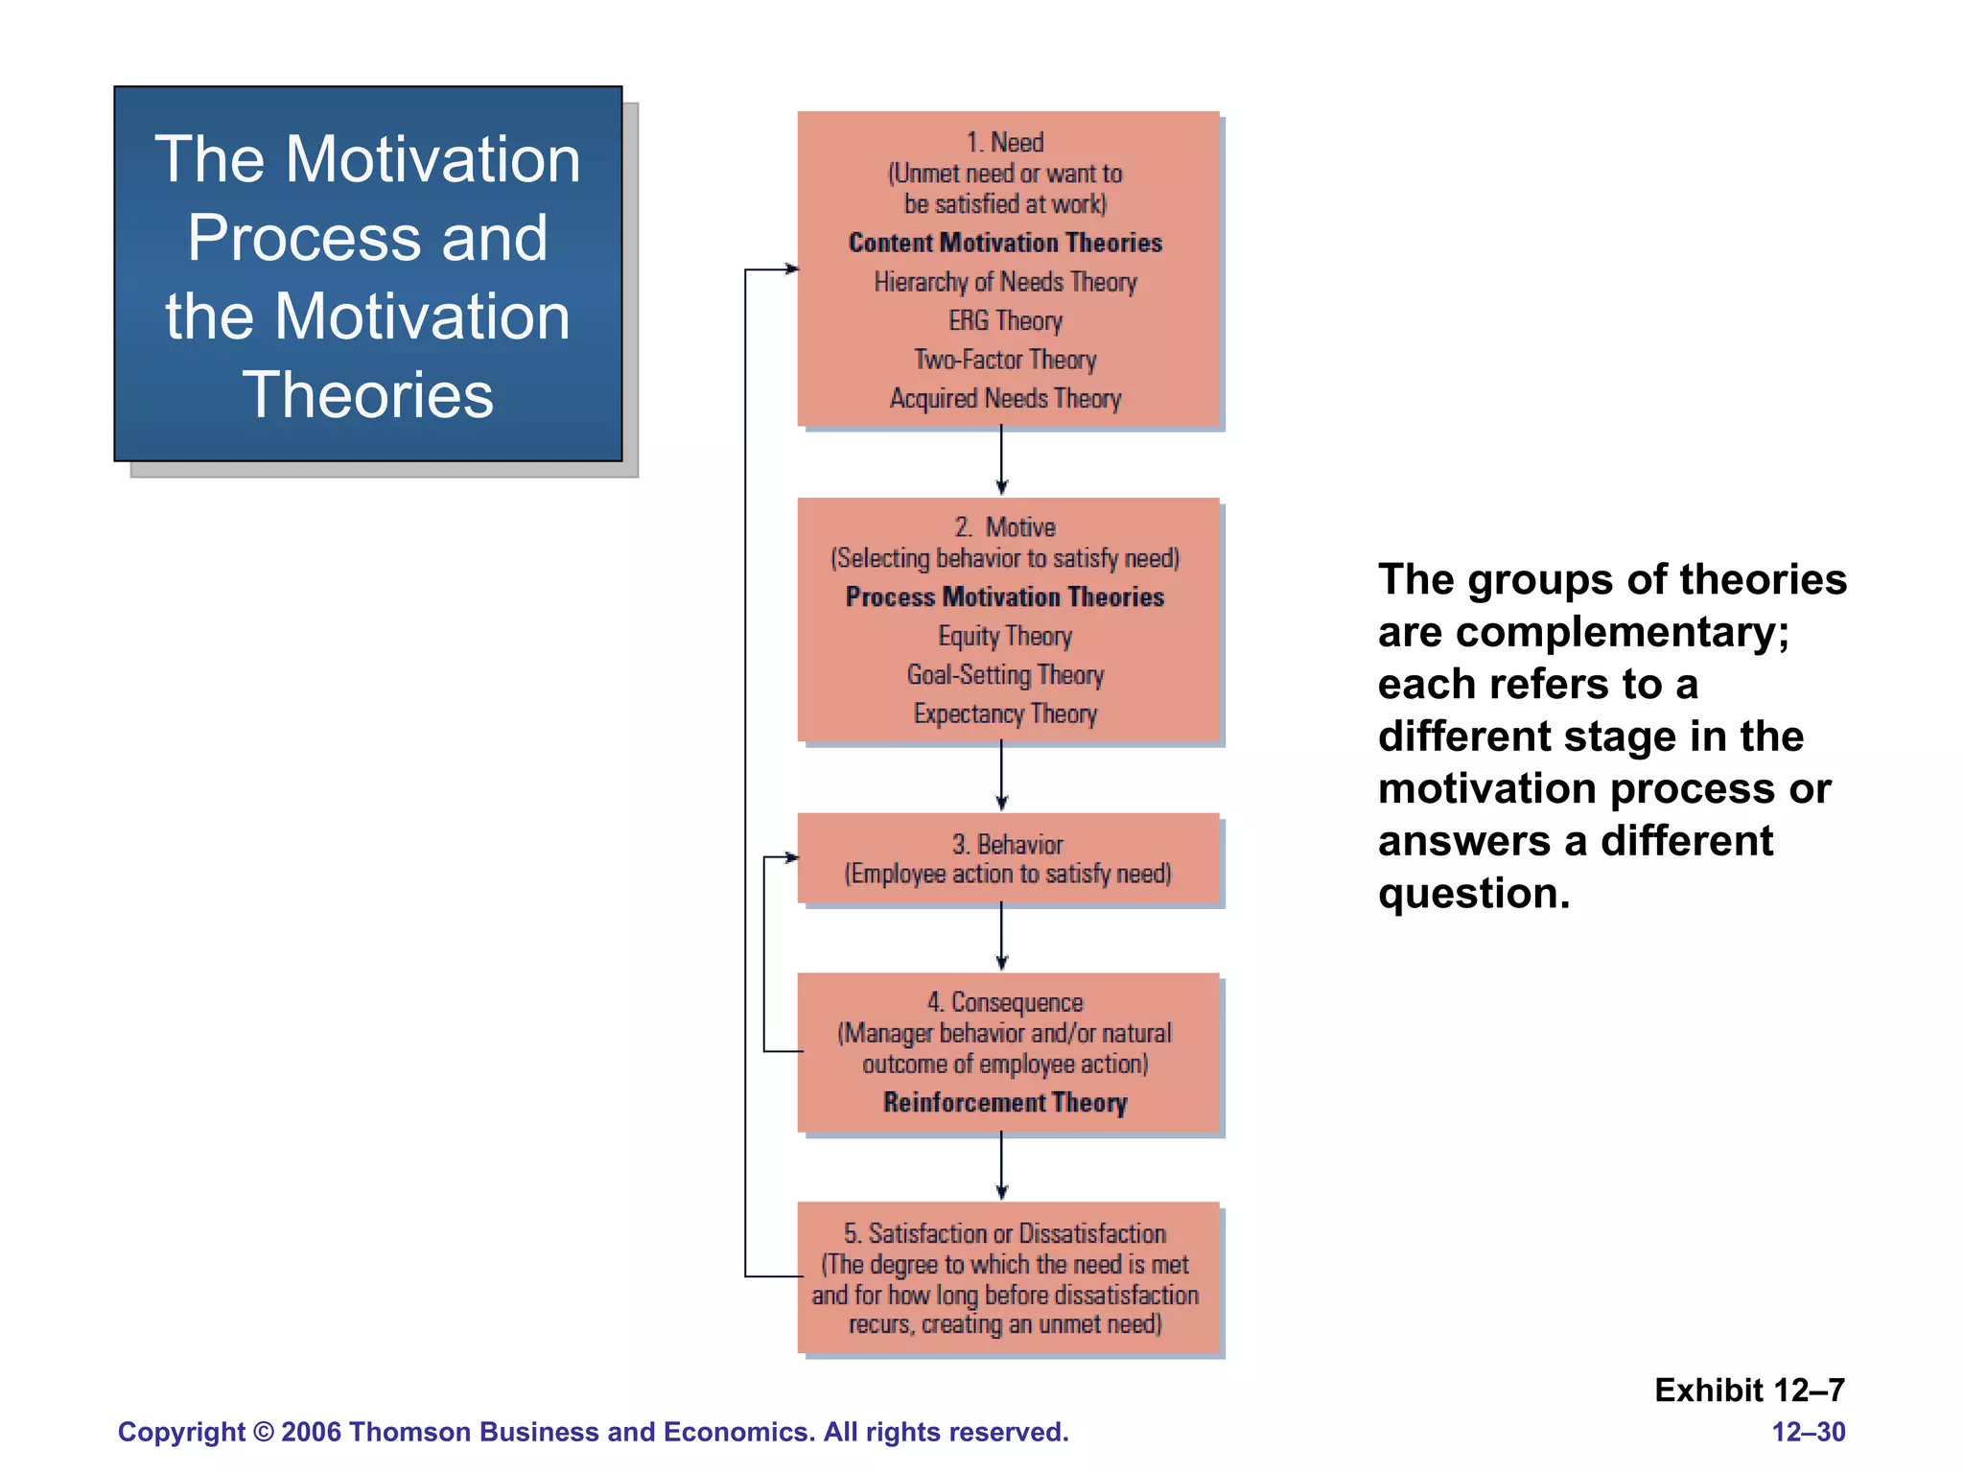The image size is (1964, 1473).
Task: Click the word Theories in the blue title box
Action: pyautogui.click(x=367, y=395)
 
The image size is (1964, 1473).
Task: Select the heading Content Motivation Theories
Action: pyautogui.click(x=1005, y=243)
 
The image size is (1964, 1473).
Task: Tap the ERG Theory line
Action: pyautogui.click(x=1005, y=320)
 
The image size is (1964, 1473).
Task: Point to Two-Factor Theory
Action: pyautogui.click(x=1005, y=360)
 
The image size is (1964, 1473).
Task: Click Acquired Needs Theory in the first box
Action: pyautogui.click(x=1005, y=398)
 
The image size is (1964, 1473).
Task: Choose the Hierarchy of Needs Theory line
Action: pyautogui.click(x=1005, y=282)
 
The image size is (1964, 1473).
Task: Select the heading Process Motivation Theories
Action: pyautogui.click(x=1005, y=596)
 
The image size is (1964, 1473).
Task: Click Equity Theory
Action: pyautogui.click(x=1005, y=636)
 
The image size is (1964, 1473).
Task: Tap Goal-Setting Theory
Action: pyautogui.click(x=1005, y=675)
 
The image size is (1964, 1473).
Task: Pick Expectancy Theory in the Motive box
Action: pyautogui.click(x=1005, y=713)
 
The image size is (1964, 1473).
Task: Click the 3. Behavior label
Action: pyautogui.click(x=1007, y=844)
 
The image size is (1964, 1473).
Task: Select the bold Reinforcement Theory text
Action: pyautogui.click(x=1005, y=1103)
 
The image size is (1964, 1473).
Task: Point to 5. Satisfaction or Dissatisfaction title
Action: pyautogui.click(x=1005, y=1233)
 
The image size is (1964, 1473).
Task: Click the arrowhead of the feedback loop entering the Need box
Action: pyautogui.click(x=791, y=269)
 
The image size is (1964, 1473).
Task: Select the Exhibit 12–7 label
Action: pyautogui.click(x=1749, y=1390)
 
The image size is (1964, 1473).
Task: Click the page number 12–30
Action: pyautogui.click(x=1808, y=1432)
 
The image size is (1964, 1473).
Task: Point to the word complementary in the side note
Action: pyautogui.click(x=1621, y=632)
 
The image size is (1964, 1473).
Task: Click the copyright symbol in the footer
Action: pyautogui.click(x=264, y=1432)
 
